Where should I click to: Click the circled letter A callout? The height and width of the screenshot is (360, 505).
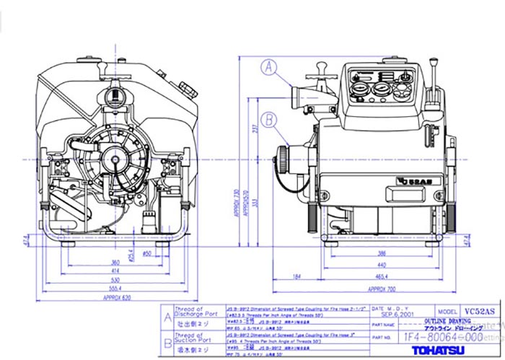[x=270, y=68]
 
